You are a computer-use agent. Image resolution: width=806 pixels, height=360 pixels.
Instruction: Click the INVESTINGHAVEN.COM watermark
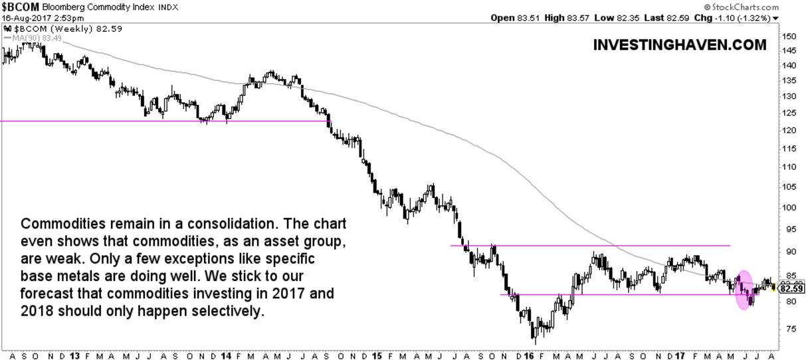tap(678, 46)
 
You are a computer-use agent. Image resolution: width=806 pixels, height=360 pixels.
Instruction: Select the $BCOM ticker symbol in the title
tap(20, 6)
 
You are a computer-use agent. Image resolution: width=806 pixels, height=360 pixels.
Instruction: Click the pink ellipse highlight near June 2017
tap(744, 290)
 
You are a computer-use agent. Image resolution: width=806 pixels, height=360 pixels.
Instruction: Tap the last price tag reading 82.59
tap(791, 288)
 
